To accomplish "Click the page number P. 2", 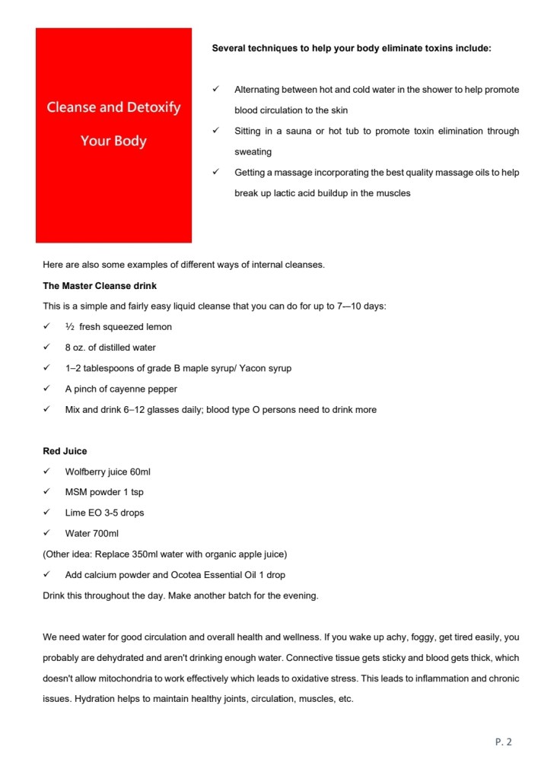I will click(503, 742).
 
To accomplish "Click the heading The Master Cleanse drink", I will click(100, 286).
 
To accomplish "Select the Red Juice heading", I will click(65, 451).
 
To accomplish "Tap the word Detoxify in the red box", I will click(149, 107).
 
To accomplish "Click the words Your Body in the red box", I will click(113, 141).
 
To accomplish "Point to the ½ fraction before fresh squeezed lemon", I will click(69, 327).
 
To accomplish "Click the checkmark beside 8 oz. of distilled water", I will click(47, 348).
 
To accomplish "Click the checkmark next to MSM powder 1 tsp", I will click(47, 492).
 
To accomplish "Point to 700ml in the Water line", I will click(104, 533).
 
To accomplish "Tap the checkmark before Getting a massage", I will click(216, 173).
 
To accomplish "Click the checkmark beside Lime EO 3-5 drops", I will click(47, 513).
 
